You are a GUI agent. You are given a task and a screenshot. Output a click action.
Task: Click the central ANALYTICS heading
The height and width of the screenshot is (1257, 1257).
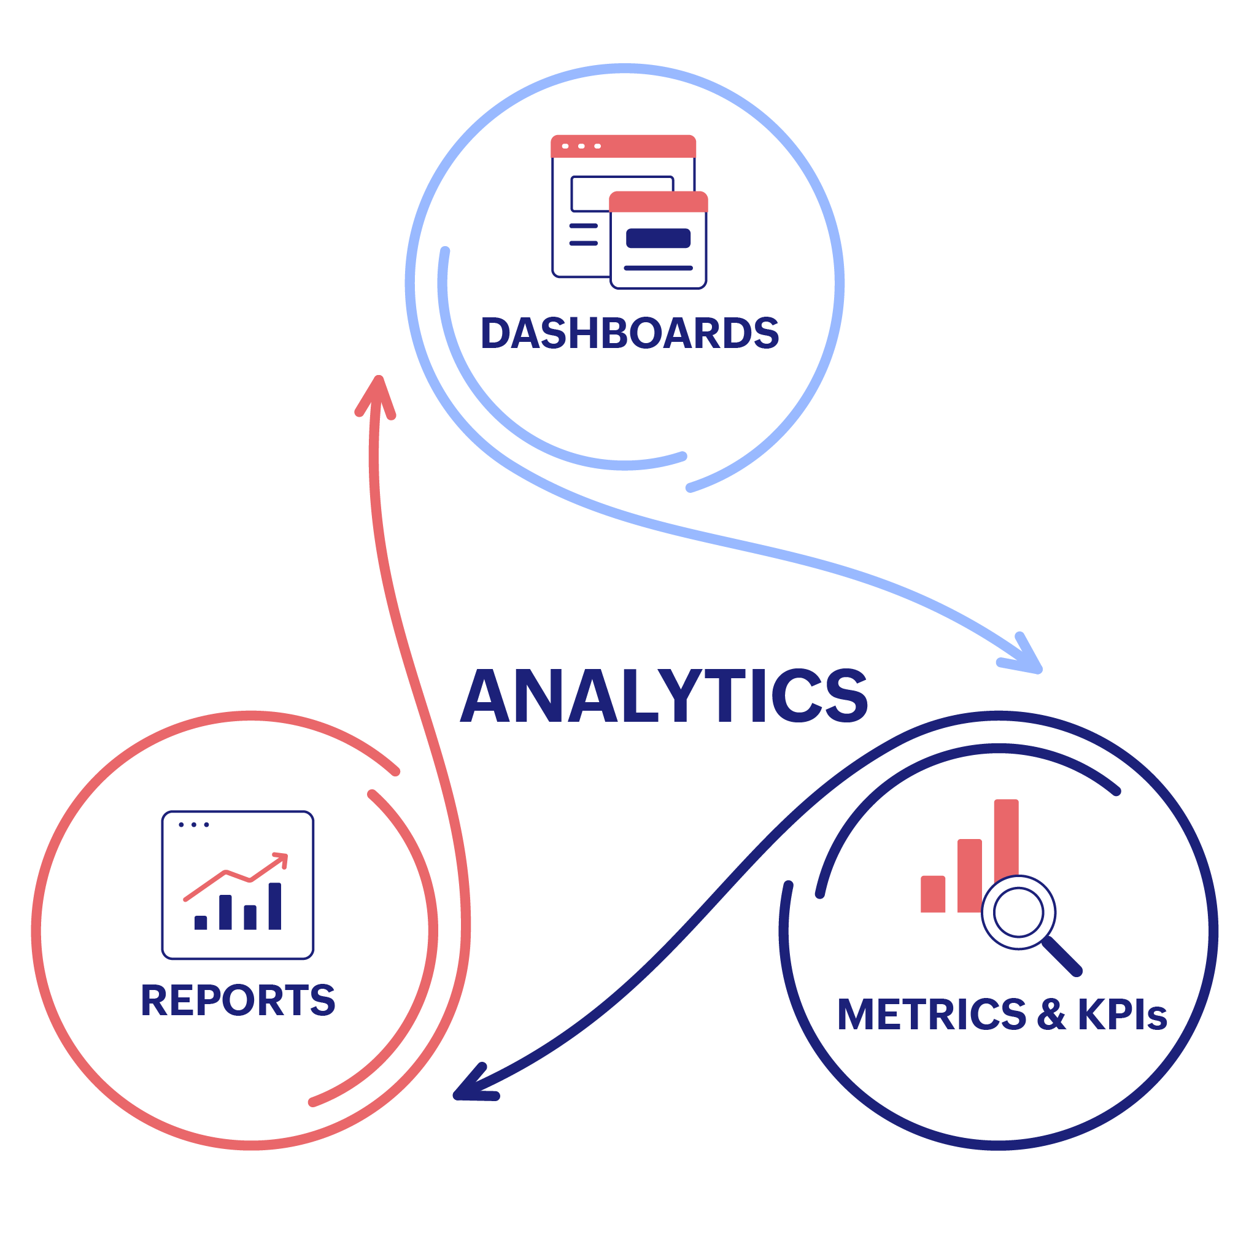663,695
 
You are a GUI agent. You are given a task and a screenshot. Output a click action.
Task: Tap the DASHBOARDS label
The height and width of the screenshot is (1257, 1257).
629,333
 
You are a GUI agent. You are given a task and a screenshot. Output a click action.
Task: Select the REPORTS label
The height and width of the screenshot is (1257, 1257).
238,1000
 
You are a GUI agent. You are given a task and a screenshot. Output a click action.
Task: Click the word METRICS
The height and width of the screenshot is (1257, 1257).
931,1015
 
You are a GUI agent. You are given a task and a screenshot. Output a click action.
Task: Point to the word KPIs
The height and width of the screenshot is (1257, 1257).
1122,1015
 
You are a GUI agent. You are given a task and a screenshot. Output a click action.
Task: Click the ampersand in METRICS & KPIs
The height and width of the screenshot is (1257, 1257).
1051,1015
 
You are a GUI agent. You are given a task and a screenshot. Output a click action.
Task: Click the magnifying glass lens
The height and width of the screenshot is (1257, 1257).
1018,913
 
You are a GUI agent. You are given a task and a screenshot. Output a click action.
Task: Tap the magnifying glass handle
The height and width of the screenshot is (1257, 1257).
1062,956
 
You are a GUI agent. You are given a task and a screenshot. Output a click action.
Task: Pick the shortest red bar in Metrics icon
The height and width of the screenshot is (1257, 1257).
932,895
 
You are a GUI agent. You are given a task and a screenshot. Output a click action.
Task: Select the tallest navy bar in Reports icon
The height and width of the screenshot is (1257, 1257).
274,906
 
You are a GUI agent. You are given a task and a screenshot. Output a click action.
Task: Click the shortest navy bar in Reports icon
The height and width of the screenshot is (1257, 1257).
200,922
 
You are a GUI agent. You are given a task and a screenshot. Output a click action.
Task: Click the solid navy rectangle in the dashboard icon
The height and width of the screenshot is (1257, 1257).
658,238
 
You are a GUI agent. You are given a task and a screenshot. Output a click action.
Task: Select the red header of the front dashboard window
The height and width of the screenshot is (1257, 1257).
658,202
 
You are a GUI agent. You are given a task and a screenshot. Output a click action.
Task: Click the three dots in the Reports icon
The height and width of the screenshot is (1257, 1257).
193,825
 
